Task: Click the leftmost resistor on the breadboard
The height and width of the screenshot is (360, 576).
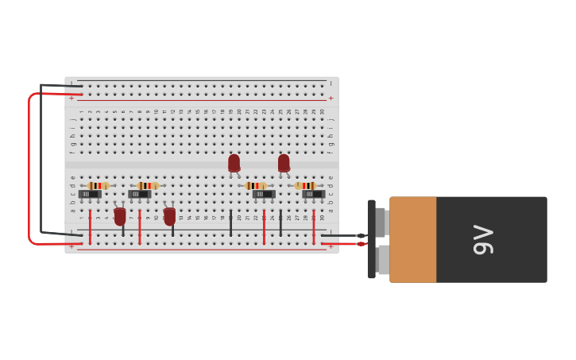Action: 98,185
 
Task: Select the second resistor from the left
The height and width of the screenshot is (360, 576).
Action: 147,185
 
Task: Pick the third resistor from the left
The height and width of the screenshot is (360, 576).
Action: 255,185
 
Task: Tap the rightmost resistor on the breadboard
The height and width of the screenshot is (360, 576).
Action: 305,185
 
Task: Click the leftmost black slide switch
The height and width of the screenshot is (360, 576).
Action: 90,194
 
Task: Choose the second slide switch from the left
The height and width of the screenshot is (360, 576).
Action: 139,194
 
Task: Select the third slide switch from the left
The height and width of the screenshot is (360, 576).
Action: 264,194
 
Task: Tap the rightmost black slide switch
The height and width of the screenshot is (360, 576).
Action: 313,194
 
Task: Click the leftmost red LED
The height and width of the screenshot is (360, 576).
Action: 120,215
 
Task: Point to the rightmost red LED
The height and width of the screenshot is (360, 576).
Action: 284,162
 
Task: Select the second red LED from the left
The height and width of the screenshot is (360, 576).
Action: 169,215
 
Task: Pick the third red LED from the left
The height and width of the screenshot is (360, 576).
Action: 234,162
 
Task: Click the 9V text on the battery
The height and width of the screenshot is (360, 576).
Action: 483,239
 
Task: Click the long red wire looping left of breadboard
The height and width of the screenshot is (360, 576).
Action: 29,167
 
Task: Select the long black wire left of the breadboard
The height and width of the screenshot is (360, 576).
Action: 41,159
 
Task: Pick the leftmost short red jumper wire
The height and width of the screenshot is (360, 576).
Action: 90,226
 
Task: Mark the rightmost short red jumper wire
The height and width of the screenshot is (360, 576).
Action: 314,226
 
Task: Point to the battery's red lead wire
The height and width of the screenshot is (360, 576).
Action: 342,243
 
